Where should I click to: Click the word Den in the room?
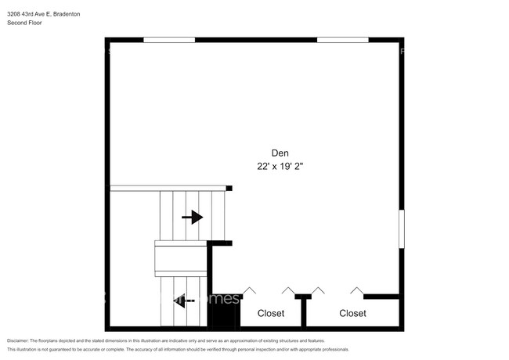click(280, 153)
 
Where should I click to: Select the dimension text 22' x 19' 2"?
click(280, 167)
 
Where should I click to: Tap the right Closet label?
click(352, 313)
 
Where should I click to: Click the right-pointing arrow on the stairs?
click(193, 218)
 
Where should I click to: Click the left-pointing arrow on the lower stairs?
click(184, 299)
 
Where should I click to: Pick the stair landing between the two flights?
click(180, 257)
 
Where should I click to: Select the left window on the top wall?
click(169, 39)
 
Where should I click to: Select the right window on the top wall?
click(342, 39)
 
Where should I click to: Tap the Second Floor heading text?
click(26, 23)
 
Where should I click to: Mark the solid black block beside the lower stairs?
click(222, 317)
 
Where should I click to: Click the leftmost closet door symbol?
click(250, 291)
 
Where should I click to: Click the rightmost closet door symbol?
click(357, 291)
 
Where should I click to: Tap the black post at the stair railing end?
click(229, 188)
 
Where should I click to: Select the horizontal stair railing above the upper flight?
click(168, 188)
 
